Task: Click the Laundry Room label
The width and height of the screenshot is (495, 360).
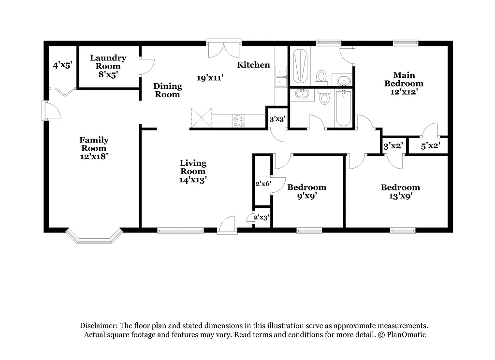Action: click(x=108, y=66)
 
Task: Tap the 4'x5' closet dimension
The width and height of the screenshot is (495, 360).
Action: click(x=62, y=65)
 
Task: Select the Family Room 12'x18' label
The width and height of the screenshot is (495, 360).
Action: click(x=94, y=148)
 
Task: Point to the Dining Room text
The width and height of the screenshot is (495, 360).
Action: click(x=168, y=90)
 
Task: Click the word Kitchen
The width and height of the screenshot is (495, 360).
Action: click(x=253, y=65)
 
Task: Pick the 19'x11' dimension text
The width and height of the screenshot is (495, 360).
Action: click(x=210, y=77)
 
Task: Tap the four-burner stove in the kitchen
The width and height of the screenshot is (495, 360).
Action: click(x=238, y=121)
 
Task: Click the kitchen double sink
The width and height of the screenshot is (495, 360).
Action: click(x=281, y=77)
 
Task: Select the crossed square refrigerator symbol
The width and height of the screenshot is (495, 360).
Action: click(x=201, y=117)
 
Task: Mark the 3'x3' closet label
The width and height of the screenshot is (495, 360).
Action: click(x=277, y=119)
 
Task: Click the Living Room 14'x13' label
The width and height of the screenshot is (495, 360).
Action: click(x=193, y=171)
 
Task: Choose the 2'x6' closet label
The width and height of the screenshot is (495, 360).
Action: click(x=263, y=184)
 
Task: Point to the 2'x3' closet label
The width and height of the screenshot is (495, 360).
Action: click(x=262, y=217)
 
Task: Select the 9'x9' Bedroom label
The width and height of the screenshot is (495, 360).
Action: click(x=306, y=191)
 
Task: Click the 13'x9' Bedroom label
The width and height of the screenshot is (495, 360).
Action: click(x=400, y=191)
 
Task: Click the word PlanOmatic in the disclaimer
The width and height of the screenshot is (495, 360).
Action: click(x=407, y=334)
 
